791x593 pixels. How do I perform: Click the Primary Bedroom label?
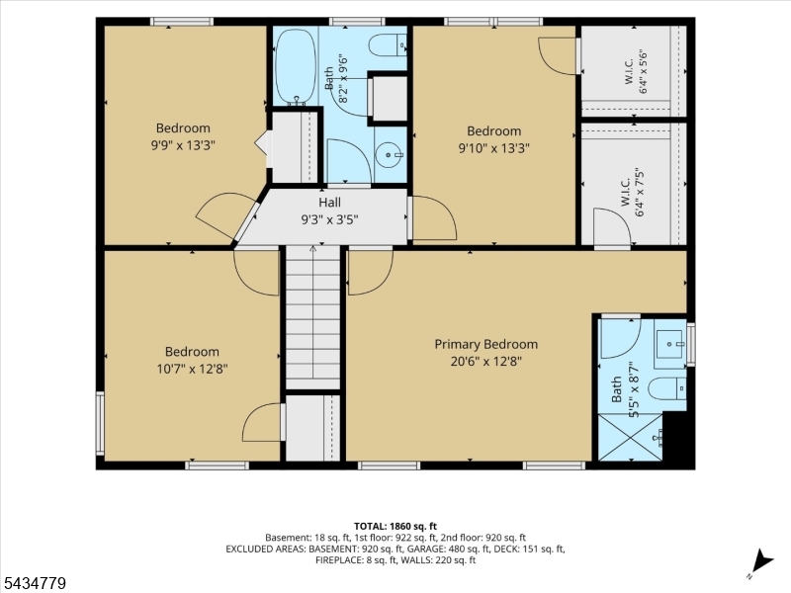[485, 344]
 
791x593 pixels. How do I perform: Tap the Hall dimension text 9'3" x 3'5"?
[329, 219]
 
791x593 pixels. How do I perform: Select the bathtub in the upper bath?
[296, 66]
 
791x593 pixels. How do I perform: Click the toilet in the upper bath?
[388, 45]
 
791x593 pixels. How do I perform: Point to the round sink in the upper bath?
[391, 154]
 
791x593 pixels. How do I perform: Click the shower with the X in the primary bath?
[630, 437]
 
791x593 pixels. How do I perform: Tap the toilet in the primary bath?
[666, 388]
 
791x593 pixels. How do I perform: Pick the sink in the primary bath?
[670, 344]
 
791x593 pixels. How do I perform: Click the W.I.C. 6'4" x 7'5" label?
[633, 192]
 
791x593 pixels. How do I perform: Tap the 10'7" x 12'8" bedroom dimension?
[192, 369]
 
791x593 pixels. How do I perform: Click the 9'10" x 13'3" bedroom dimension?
[493, 148]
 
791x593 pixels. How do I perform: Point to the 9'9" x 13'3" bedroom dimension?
[183, 145]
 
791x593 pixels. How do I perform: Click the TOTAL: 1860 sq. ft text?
[395, 527]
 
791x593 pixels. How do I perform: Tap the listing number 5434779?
[34, 583]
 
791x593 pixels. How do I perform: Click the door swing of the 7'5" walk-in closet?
[612, 227]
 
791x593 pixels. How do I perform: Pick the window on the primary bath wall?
[690, 344]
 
